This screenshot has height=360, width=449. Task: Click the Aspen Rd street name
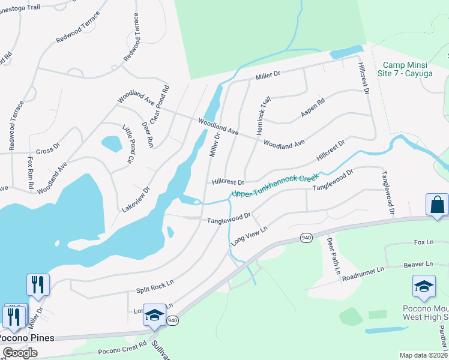[313, 108]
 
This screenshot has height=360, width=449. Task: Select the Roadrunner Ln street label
[362, 275]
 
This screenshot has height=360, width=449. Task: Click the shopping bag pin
[437, 205]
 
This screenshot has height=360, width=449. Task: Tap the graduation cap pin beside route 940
[154, 315]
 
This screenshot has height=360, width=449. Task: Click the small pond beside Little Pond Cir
[112, 144]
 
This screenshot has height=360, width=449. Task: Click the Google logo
[20, 352]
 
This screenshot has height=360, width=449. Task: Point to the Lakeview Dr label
[135, 199]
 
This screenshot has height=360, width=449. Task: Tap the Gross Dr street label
[48, 149]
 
